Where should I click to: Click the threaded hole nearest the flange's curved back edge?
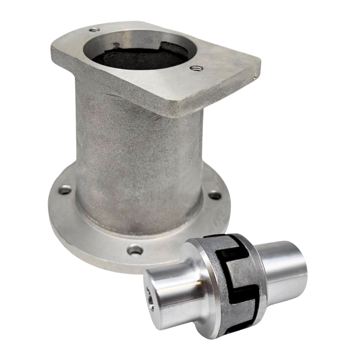[94, 30]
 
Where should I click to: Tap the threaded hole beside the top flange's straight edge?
[196, 68]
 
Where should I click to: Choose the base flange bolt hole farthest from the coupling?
[65, 190]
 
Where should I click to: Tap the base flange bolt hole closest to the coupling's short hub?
[135, 249]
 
